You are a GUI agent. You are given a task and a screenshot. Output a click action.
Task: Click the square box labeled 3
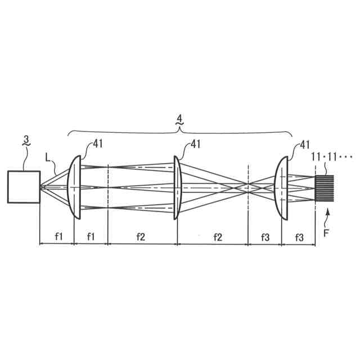tap(24, 187)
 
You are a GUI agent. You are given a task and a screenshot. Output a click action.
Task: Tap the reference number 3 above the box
tap(26, 139)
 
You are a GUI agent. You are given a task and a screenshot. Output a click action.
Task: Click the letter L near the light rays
tap(48, 157)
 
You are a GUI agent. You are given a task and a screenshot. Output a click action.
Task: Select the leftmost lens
tap(74, 187)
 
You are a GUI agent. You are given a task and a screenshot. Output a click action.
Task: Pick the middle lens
tap(178, 187)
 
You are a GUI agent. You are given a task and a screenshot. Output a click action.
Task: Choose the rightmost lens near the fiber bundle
tap(281, 188)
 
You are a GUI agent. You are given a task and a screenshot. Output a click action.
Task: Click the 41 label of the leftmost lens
tap(98, 144)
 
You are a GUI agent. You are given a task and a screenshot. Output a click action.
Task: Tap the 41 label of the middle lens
tap(196, 144)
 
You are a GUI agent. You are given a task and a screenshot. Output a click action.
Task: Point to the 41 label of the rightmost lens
tap(305, 145)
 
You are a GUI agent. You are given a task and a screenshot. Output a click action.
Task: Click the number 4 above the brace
tap(179, 119)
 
